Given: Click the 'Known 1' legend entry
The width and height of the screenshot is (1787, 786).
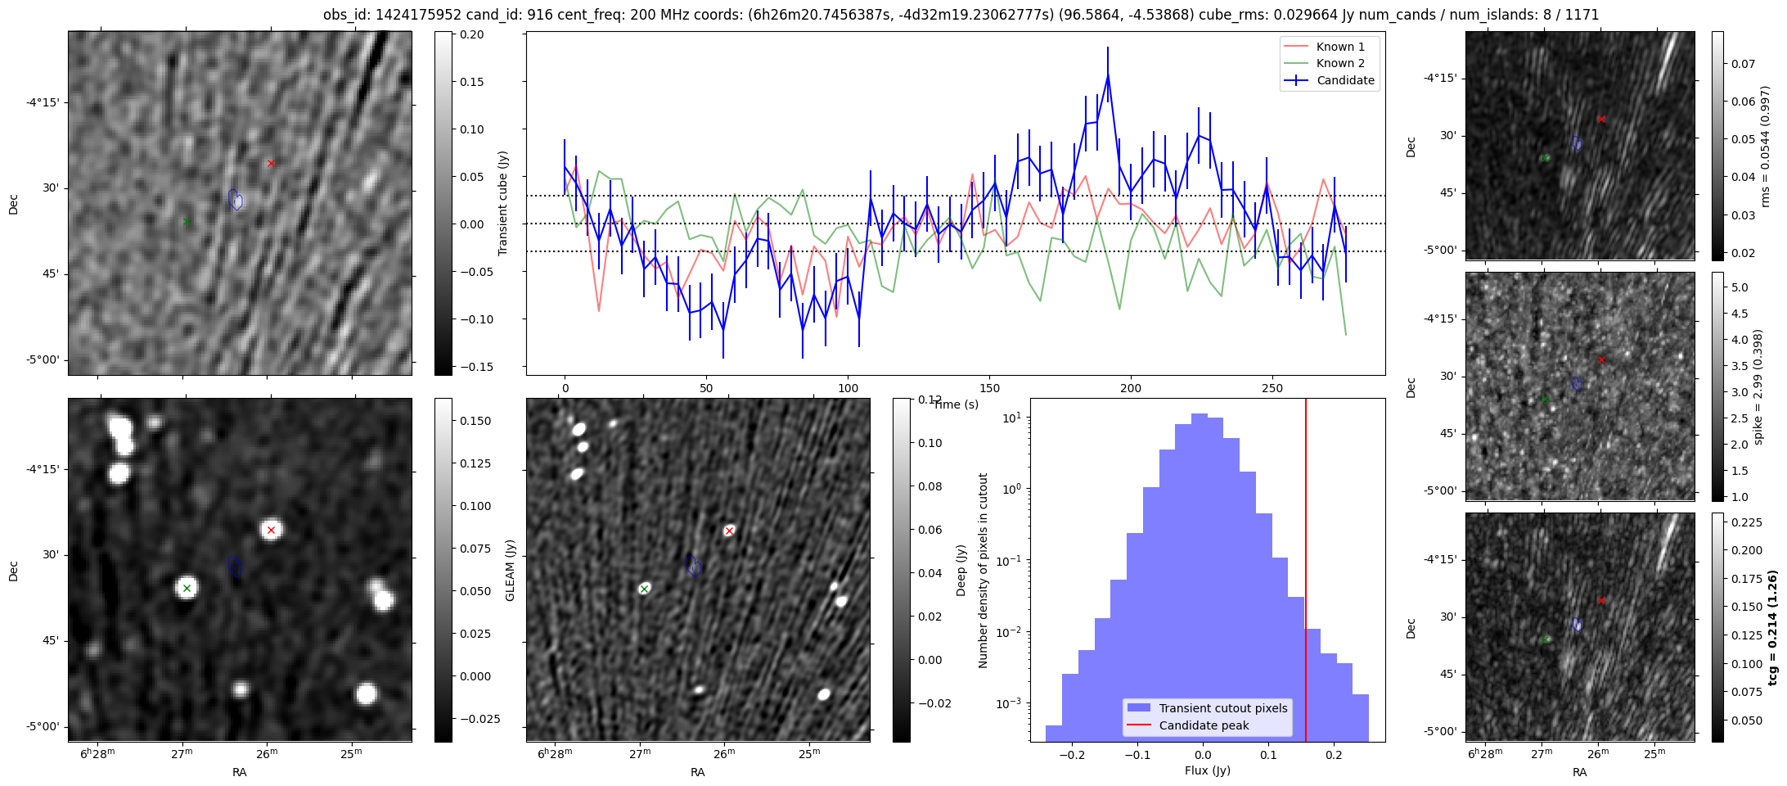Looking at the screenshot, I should pyautogui.click(x=1339, y=47).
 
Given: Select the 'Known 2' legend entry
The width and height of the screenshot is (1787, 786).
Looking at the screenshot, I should pyautogui.click(x=1339, y=63).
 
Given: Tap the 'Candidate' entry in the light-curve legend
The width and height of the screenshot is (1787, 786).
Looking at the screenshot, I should pyautogui.click(x=1345, y=80).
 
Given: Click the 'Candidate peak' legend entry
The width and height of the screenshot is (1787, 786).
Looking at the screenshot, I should pyautogui.click(x=1204, y=725).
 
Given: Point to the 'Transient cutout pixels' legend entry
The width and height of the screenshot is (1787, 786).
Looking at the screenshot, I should pyautogui.click(x=1222, y=708).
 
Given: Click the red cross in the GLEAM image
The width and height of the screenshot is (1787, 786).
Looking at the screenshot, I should pyautogui.click(x=272, y=531).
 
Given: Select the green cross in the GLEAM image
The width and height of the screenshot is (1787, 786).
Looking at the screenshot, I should pyautogui.click(x=187, y=588).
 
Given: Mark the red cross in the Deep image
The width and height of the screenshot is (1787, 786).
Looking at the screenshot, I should pyautogui.click(x=729, y=531).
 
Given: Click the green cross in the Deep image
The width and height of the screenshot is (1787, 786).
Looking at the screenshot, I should pyautogui.click(x=644, y=589).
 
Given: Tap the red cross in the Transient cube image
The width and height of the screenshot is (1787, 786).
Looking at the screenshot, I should pyautogui.click(x=271, y=164).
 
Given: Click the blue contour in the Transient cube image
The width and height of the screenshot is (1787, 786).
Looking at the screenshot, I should pyautogui.click(x=236, y=199).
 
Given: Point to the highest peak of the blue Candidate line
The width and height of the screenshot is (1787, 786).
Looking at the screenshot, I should pyautogui.click(x=1108, y=75).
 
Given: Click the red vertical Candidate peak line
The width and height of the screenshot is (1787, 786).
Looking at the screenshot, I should pyautogui.click(x=1306, y=573).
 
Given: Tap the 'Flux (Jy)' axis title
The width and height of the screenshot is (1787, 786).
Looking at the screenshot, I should pyautogui.click(x=1207, y=770).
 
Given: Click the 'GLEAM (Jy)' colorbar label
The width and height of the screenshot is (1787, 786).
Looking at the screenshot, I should pyautogui.click(x=510, y=570).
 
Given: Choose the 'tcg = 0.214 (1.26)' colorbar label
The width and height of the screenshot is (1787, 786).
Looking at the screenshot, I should pyautogui.click(x=1772, y=627).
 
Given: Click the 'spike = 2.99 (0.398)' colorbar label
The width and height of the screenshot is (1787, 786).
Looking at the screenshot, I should pyautogui.click(x=1758, y=386).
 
